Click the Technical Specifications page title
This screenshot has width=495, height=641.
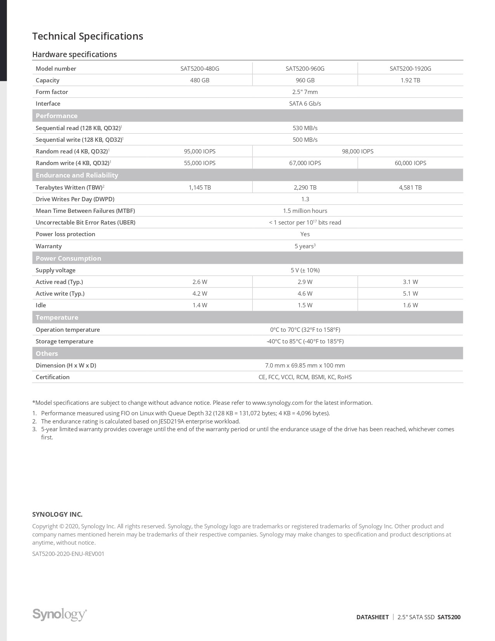click(x=87, y=36)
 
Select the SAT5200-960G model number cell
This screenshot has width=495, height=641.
click(x=305, y=68)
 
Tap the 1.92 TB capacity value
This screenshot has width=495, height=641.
click(x=410, y=80)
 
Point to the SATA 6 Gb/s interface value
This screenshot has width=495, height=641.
click(x=305, y=104)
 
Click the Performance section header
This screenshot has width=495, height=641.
click(x=57, y=116)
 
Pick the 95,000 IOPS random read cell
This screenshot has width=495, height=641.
click(x=200, y=151)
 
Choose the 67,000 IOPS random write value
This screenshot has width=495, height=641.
click(x=305, y=163)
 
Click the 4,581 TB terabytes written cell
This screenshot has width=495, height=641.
click(x=410, y=187)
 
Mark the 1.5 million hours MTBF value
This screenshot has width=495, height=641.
click(x=305, y=211)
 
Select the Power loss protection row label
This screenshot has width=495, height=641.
click(x=65, y=234)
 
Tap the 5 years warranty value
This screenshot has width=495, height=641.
click(x=305, y=246)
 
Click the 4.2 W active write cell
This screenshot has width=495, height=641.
click(x=200, y=294)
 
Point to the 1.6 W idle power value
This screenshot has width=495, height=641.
click(x=410, y=305)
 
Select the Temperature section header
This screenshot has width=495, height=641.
click(x=57, y=317)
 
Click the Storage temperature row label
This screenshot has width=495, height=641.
click(x=64, y=341)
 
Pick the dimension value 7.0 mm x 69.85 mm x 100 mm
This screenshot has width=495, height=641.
click(x=305, y=365)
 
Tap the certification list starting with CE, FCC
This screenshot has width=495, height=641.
click(x=305, y=377)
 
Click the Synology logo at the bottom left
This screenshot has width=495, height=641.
click(x=59, y=614)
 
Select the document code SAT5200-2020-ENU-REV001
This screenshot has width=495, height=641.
click(x=68, y=554)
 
